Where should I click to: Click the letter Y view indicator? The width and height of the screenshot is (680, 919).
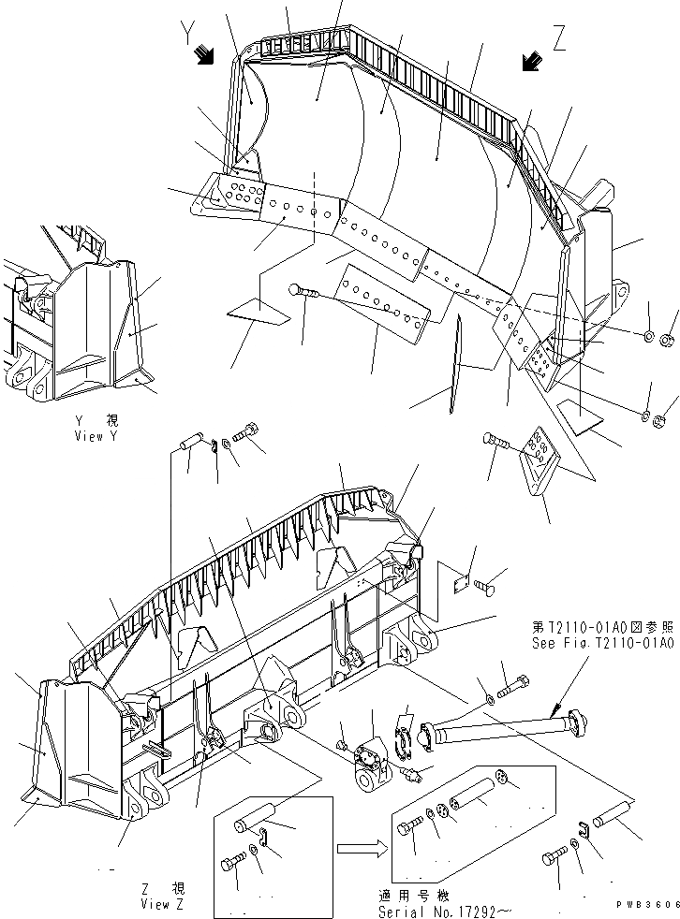click(x=189, y=36)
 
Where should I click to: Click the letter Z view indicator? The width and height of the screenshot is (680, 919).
click(x=559, y=38)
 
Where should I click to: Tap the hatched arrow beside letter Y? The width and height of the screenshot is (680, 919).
click(x=203, y=56)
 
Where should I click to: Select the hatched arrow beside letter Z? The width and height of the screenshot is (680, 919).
click(x=531, y=61)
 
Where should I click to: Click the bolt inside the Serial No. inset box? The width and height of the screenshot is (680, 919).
click(x=409, y=826)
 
